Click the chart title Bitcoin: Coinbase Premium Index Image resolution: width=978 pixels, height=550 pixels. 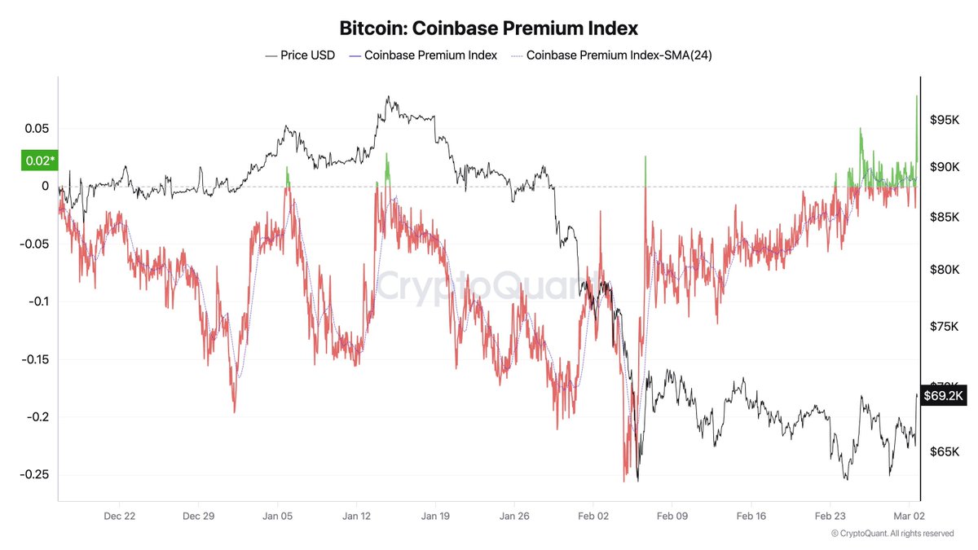point(489,28)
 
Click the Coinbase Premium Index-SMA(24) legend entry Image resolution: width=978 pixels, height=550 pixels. point(610,55)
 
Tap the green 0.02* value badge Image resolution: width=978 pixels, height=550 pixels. point(37,161)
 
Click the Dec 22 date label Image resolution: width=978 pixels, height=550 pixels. point(119,516)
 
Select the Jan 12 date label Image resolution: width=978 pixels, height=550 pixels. point(356,516)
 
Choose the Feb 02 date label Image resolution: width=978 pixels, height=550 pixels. point(593,516)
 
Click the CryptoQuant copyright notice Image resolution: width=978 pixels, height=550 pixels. point(892,534)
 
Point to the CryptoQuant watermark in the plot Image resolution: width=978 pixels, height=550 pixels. point(489,285)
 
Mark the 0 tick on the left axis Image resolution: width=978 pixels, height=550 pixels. point(46,187)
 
